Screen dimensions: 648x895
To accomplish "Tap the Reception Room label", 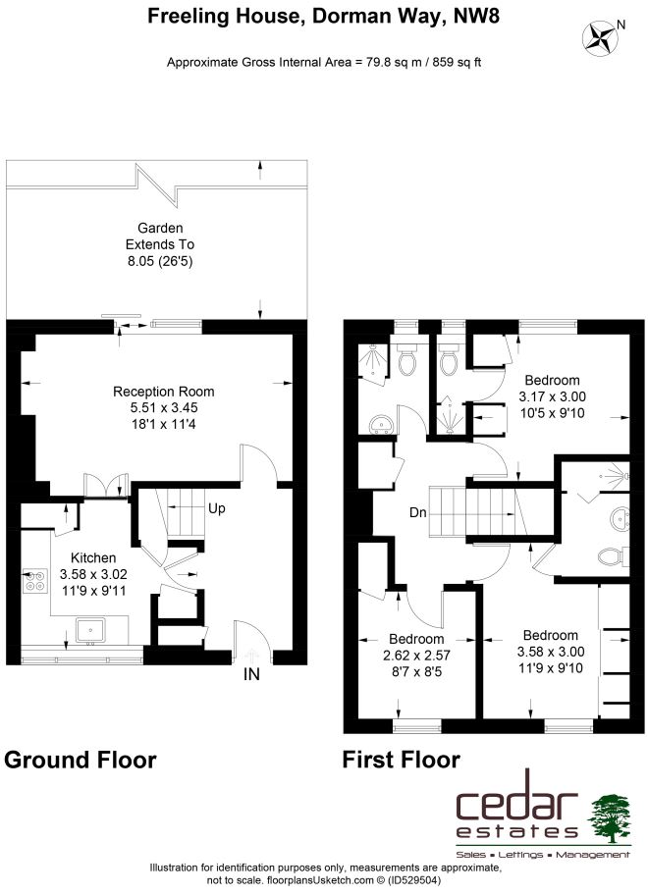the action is click(x=164, y=392).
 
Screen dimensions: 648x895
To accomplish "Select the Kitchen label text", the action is click(x=93, y=557).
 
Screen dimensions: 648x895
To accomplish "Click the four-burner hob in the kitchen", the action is click(x=34, y=581).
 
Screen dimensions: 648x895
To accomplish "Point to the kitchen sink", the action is click(x=90, y=630).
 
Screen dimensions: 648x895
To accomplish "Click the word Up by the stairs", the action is click(x=216, y=508).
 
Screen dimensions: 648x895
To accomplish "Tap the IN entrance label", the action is click(x=251, y=674).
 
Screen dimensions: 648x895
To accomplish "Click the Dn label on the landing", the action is click(x=418, y=512).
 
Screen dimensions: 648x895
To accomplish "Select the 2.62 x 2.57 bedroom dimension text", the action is click(x=416, y=656).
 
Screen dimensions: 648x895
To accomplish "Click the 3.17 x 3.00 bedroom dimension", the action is click(x=552, y=396).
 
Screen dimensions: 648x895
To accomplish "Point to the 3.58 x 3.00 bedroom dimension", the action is click(x=551, y=652).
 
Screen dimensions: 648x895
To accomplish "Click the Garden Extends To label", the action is click(x=160, y=237).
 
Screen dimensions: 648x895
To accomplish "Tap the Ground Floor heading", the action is click(x=80, y=760).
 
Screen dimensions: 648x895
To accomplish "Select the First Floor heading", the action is click(x=401, y=760).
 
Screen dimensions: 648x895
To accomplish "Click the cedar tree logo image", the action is click(x=609, y=818).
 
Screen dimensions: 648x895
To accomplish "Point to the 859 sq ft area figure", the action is click(x=457, y=62).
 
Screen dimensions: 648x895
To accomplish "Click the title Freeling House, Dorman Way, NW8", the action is click(x=324, y=16).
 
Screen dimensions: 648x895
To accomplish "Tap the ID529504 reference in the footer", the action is click(x=414, y=880).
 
